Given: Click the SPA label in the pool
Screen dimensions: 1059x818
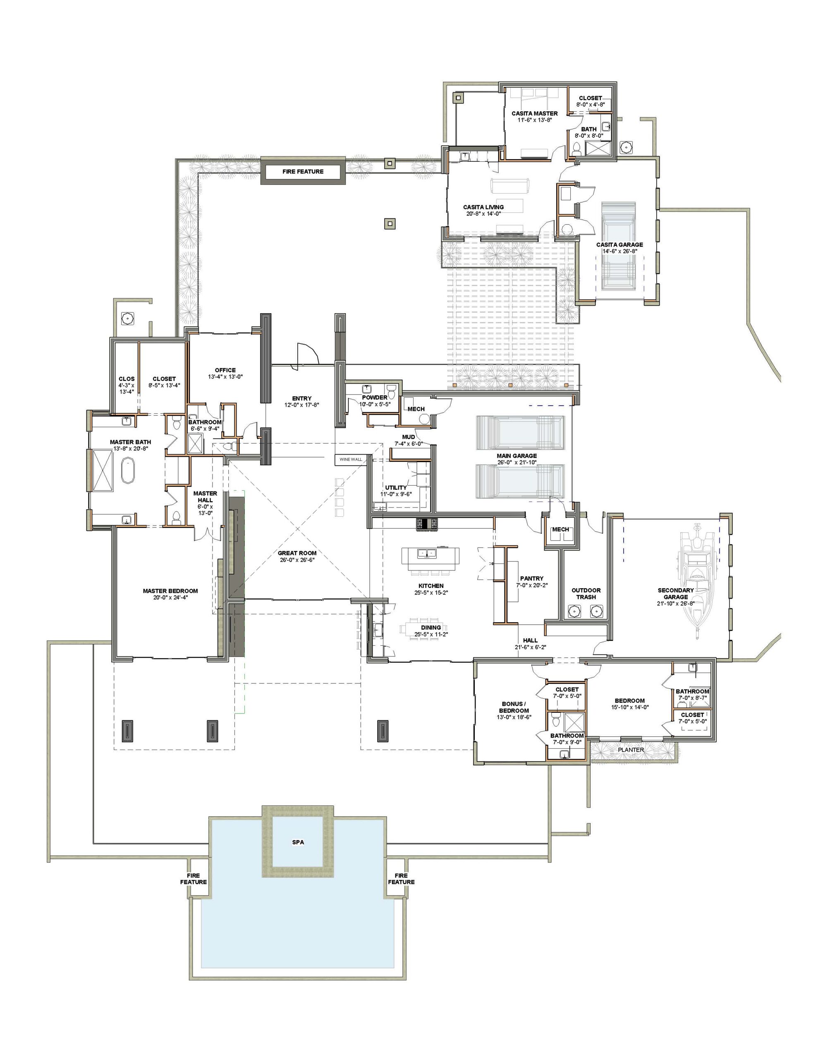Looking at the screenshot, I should coord(298,842).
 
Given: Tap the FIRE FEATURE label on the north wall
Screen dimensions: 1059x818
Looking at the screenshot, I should coord(303,171).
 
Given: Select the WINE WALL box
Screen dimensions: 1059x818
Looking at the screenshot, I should coord(351,459).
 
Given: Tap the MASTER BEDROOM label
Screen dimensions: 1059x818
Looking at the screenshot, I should coord(170,591).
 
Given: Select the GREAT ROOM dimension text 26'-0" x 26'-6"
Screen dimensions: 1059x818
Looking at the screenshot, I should coord(297,560).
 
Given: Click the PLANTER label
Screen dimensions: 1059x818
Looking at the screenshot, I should coord(631,750).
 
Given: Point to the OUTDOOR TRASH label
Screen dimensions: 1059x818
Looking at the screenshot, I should coord(586,594).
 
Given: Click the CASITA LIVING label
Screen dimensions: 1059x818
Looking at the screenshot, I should coord(483,207).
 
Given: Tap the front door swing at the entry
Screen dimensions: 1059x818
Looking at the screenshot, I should coord(307,352).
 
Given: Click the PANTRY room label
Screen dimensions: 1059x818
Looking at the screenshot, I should coord(531,578).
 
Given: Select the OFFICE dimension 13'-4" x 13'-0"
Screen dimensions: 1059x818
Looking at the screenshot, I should coord(225,376).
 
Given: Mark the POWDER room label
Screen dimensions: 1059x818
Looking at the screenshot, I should coord(375,397).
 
